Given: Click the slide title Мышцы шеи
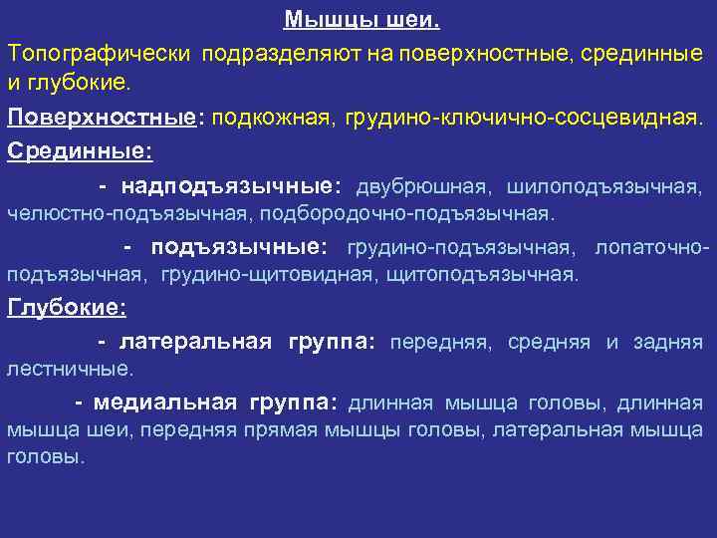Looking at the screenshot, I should coord(361,20).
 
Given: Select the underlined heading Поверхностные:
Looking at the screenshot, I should coord(102,118).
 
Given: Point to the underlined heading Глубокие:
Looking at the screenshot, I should coord(67,308).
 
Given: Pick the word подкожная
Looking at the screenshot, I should coord(272,118).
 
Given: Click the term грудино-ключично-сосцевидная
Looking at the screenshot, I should coord(523,118).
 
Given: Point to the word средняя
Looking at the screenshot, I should coord(547,343).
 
